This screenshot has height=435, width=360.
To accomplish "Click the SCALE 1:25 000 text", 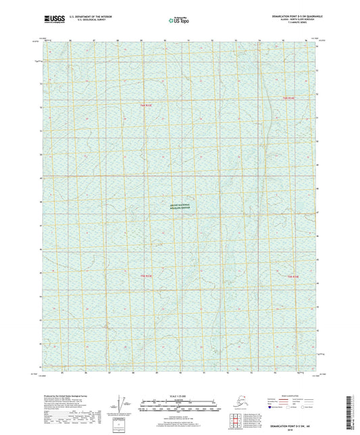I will (x=180, y=396).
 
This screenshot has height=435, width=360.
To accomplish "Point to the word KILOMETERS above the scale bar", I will (x=180, y=401).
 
